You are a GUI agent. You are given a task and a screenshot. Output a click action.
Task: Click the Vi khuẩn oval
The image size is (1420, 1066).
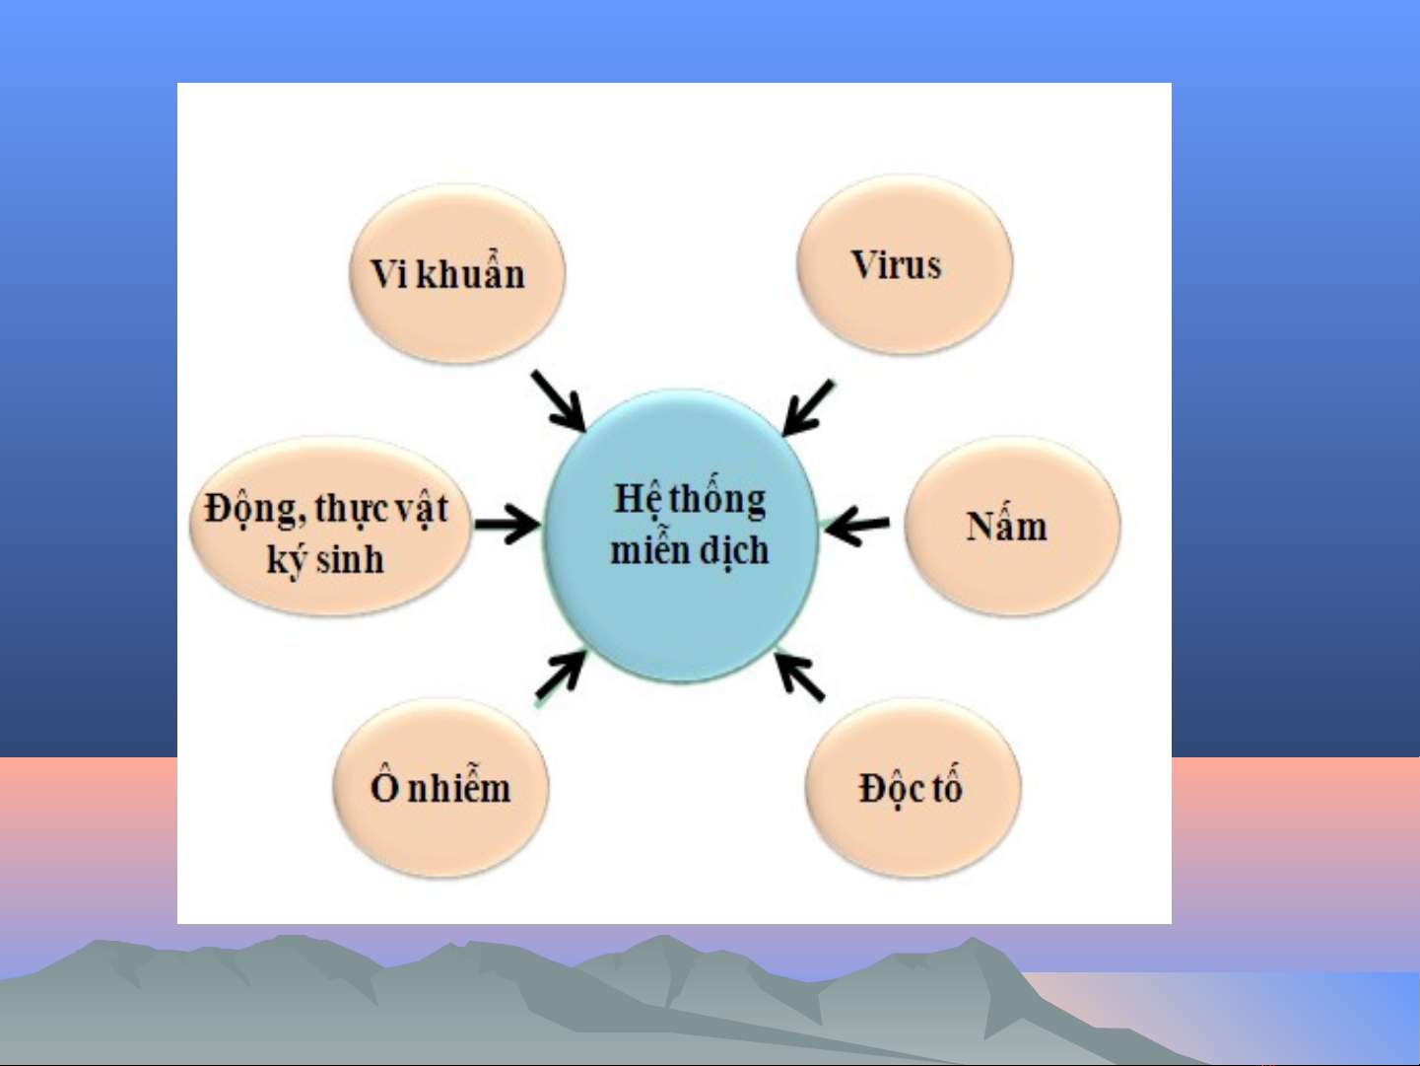[456, 273]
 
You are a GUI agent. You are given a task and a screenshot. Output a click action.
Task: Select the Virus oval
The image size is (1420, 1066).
[905, 264]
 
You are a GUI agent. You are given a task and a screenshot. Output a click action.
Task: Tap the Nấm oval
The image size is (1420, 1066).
[1012, 526]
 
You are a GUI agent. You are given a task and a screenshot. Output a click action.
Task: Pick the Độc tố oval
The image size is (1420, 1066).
[913, 787]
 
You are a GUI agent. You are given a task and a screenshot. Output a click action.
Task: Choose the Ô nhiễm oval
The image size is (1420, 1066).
[440, 787]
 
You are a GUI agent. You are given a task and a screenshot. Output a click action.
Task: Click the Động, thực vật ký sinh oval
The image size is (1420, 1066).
[330, 526]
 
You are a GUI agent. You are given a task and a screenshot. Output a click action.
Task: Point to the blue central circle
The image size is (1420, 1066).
[681, 535]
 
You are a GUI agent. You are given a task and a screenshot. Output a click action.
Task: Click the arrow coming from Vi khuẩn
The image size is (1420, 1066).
[559, 400]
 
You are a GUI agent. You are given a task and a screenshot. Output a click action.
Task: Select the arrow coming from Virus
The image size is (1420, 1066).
[807, 407]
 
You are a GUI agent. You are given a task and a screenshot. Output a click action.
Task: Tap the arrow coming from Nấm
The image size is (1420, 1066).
[856, 525]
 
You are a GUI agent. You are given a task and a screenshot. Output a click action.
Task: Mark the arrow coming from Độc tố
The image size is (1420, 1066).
[799, 676]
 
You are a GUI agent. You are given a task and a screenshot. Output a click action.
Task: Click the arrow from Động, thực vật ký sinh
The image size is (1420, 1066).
[507, 523]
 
